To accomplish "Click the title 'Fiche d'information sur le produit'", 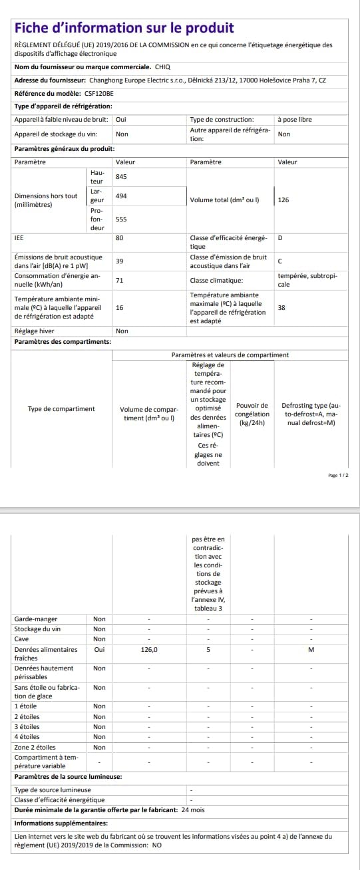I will point(124,28).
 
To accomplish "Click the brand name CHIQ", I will point(162,67).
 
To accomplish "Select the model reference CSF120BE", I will point(90,94).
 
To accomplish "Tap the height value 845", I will point(121,177).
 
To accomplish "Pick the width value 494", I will point(121,196).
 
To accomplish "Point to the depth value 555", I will point(121,219).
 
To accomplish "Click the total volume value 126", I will point(283,200).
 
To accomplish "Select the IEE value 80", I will point(120,237).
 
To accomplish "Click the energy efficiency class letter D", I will point(280,237).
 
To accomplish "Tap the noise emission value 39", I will point(120,261).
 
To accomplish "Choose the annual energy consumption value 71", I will point(119,280).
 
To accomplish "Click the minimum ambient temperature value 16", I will point(120,307).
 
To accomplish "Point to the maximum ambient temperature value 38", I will point(281,307).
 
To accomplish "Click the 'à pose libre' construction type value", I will point(294,120).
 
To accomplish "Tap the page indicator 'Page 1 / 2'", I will point(338,476).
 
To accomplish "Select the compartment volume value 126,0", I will point(149,649).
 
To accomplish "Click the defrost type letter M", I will point(311,649).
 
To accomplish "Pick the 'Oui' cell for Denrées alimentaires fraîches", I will point(99,649).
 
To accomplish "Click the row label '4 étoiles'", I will point(27,736).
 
